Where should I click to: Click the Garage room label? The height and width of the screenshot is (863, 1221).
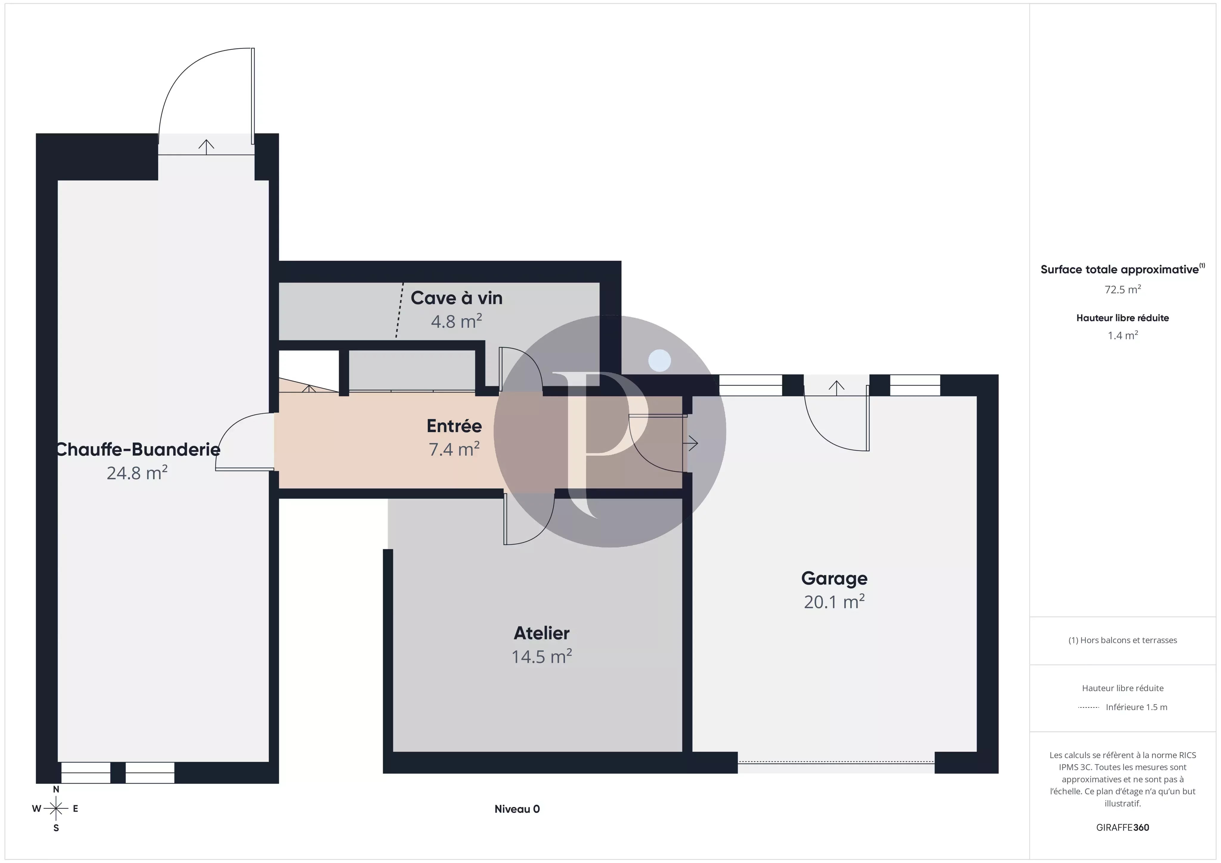point(834,578)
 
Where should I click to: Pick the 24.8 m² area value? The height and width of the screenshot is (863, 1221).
point(137,473)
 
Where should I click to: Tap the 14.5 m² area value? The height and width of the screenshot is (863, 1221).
point(541,657)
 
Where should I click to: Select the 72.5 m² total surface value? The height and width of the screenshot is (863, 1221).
point(1123,289)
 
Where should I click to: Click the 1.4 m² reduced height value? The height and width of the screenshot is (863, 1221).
point(1123,336)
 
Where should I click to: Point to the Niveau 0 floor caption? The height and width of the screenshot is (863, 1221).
point(517,809)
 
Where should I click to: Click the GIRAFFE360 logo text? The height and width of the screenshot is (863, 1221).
point(1123,827)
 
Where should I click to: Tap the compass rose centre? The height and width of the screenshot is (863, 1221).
point(56,809)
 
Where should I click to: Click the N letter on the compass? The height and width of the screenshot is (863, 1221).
point(56,790)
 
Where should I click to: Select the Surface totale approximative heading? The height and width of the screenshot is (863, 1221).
point(1119,270)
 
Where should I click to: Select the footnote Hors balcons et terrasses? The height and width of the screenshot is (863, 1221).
point(1123,640)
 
